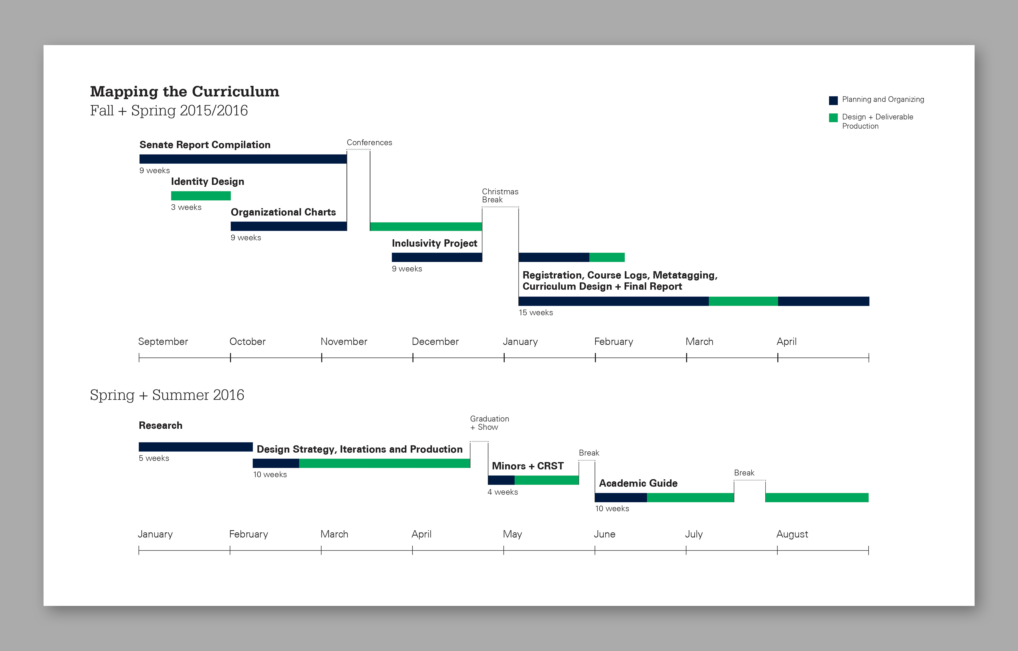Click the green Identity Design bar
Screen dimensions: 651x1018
[x=201, y=196]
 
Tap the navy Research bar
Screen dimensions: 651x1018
[x=195, y=447]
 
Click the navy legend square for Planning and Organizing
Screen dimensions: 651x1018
[x=833, y=100]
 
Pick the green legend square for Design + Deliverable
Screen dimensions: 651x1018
[x=833, y=117]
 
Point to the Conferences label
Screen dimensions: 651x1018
[x=369, y=142]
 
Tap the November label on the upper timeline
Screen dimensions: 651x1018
[x=344, y=342]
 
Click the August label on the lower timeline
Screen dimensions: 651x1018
[x=792, y=534]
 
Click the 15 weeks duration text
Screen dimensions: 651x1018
[x=536, y=312]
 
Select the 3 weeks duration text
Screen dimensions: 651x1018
[x=186, y=207]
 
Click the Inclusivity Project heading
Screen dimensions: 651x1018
[x=434, y=244]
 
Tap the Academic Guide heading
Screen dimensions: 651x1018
[x=638, y=483]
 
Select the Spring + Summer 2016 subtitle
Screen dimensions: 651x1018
[x=167, y=395]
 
